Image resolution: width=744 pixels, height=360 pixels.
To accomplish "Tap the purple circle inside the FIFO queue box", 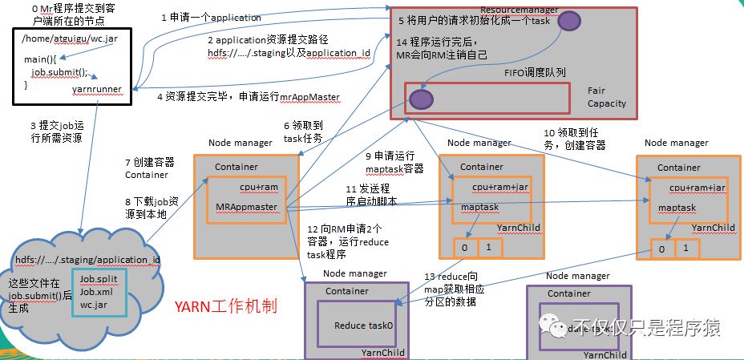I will click(x=421, y=100).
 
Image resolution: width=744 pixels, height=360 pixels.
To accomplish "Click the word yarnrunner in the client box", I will click(x=95, y=91).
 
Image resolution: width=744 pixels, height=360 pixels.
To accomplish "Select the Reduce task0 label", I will click(x=364, y=326).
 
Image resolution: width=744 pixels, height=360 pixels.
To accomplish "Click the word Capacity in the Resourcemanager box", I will click(x=606, y=103).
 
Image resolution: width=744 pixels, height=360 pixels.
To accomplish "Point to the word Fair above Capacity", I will click(x=596, y=91).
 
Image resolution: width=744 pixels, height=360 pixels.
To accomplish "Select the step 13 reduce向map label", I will click(x=455, y=289).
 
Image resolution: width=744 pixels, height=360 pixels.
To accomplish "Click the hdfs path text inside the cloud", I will click(x=87, y=260).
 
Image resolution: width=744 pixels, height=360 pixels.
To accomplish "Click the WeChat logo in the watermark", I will click(x=552, y=326).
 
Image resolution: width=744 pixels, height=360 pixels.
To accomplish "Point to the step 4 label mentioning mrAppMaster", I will click(x=248, y=97).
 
